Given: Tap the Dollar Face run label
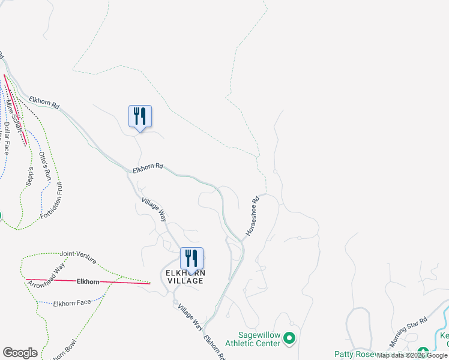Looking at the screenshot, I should pyautogui.click(x=7, y=138).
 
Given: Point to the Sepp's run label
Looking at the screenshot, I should pyautogui.click(x=29, y=178).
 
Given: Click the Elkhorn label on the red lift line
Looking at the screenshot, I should pyautogui.click(x=88, y=281).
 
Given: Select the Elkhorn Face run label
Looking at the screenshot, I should pyautogui.click(x=71, y=302).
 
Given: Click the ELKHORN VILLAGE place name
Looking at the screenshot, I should pyautogui.click(x=185, y=277).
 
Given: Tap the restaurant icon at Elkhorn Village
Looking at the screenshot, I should pyautogui.click(x=191, y=259).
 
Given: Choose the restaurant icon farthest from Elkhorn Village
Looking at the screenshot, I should pyautogui.click(x=140, y=116).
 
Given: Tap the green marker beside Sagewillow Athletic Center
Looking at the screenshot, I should pyautogui.click(x=289, y=340).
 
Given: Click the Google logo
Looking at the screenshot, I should pyautogui.click(x=20, y=352).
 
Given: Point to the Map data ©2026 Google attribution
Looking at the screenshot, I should pyautogui.click(x=412, y=355).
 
